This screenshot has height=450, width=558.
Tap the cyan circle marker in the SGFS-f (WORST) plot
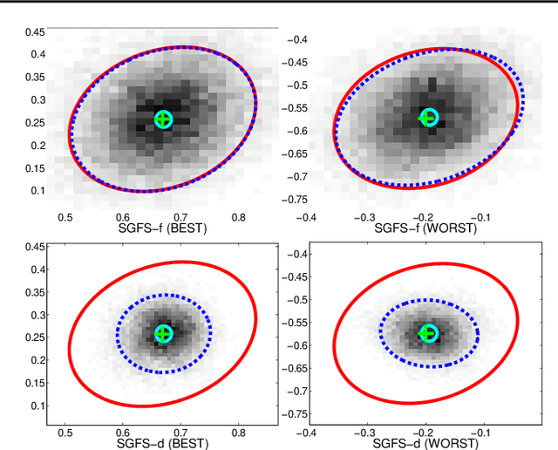(x=428, y=118)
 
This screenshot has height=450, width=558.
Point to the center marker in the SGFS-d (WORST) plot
(x=428, y=333)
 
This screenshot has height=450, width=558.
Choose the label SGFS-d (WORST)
(x=425, y=443)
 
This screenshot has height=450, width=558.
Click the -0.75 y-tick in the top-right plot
(x=295, y=200)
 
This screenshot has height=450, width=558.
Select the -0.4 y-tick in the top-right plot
(x=298, y=39)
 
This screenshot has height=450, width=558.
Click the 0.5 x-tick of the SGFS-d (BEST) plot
(x=65, y=431)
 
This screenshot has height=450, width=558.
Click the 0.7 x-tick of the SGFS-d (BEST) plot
(x=180, y=431)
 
